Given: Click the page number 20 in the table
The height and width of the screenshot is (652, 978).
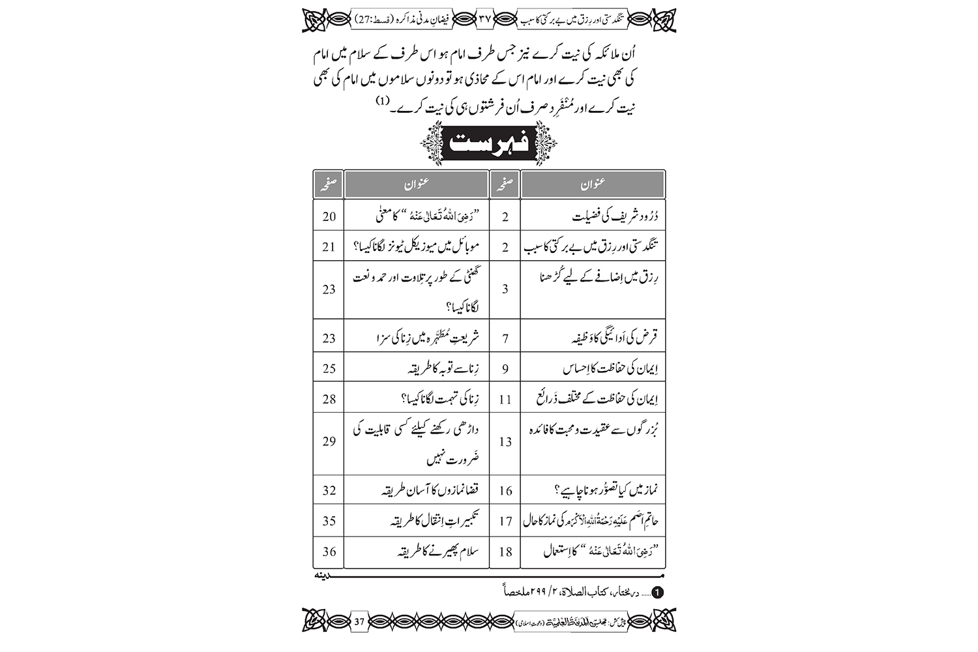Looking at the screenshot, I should click(329, 216).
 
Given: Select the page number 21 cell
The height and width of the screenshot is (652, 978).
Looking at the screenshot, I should click(329, 247).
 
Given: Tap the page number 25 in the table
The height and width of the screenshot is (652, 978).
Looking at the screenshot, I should click(329, 369).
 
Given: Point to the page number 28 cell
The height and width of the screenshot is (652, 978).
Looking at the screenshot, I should click(329, 399).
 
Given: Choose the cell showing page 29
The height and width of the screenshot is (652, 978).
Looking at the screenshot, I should click(329, 441).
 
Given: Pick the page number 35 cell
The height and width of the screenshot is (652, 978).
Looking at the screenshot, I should click(329, 521).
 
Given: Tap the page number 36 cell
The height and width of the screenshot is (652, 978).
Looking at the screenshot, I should click(329, 552).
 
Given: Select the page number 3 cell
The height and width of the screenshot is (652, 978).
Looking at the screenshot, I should click(505, 289).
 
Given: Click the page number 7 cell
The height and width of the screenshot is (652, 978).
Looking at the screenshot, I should click(505, 338).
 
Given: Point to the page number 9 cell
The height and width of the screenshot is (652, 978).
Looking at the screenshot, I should click(505, 369).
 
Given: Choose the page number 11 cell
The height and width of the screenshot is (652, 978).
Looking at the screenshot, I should click(505, 399).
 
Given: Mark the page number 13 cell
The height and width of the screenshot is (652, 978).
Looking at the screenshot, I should click(505, 441).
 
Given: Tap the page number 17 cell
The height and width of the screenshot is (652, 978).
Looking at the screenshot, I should click(505, 521).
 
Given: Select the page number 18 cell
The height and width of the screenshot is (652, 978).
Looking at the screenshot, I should click(505, 552).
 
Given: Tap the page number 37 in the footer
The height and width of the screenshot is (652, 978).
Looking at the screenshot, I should click(359, 621).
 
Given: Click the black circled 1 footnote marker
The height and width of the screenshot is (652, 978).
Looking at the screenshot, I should click(658, 592).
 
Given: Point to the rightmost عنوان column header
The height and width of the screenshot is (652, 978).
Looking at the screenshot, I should click(593, 185).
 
